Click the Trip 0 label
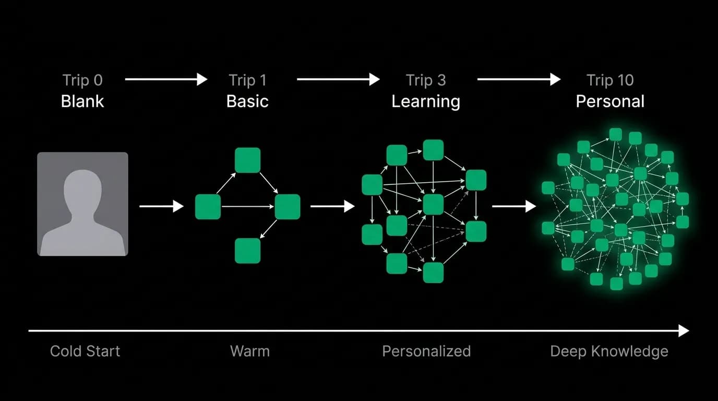click(82, 80)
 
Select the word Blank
click(82, 101)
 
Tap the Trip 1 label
click(247, 80)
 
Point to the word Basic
click(247, 101)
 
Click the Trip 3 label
click(426, 80)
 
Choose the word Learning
click(426, 102)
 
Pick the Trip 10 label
click(610, 80)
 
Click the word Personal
click(610, 101)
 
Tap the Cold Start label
click(85, 351)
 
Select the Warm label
click(250, 351)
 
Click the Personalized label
click(426, 351)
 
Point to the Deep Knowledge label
click(609, 351)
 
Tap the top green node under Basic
click(247, 160)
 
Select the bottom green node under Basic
click(247, 251)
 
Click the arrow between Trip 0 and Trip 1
click(166, 79)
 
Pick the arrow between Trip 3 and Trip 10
click(519, 79)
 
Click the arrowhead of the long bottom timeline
click(684, 331)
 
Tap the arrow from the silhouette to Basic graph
click(161, 206)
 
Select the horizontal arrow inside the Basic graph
click(247, 207)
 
